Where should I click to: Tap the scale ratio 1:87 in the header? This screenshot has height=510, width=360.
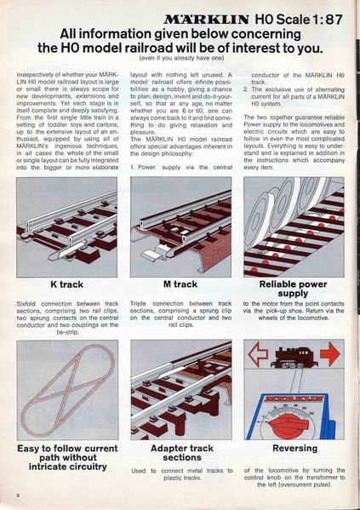coord(325,16)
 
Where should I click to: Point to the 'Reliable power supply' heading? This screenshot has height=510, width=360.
coord(293,289)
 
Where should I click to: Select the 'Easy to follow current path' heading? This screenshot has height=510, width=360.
coord(66,457)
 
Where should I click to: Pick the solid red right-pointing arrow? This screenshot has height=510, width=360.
coord(330,353)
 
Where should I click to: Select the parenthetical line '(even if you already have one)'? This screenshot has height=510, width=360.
coord(180,58)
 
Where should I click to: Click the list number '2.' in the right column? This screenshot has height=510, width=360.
coord(247,89)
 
